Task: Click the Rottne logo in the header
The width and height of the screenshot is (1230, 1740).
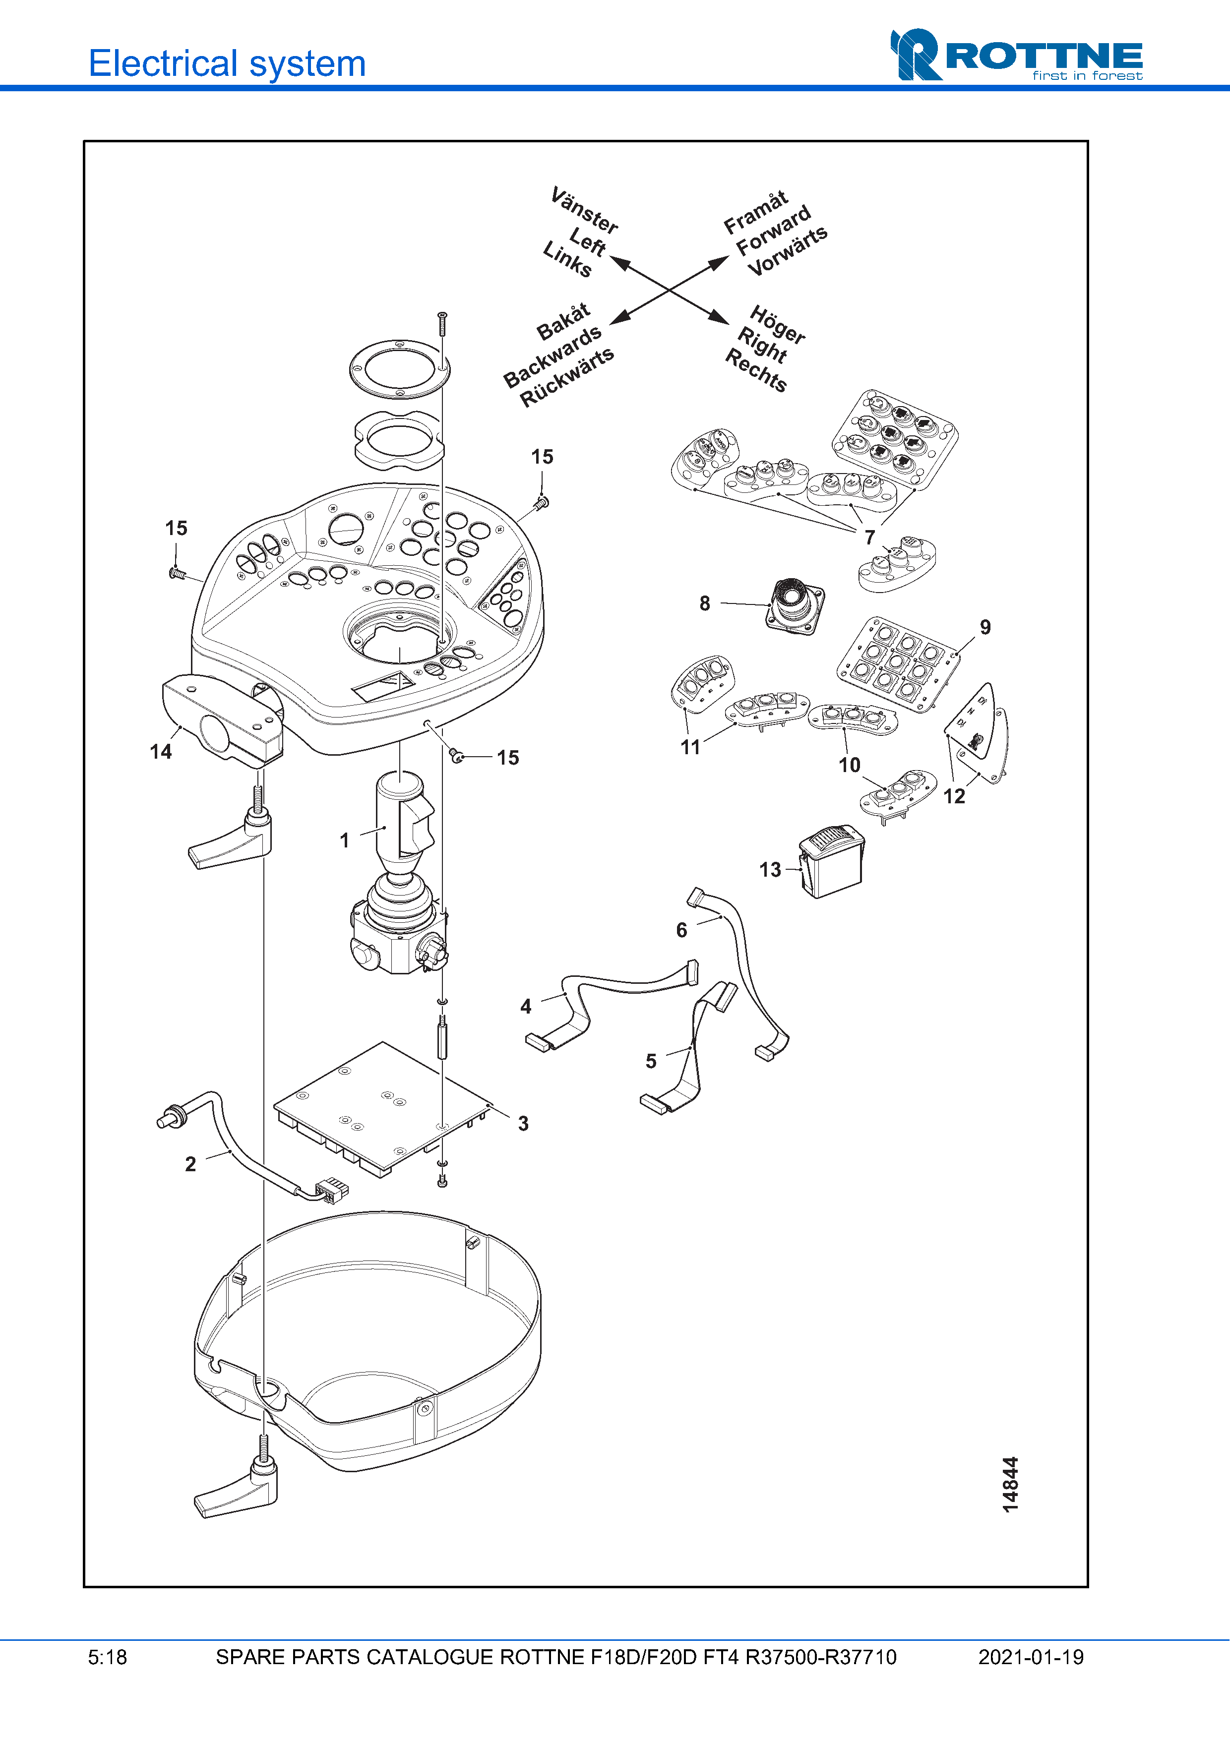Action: [1016, 55]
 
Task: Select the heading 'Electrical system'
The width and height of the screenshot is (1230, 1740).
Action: [227, 63]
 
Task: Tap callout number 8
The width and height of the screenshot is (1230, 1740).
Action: [705, 603]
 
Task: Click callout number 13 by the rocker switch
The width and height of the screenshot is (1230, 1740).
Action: [770, 869]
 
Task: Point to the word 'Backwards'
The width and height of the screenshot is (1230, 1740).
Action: [553, 356]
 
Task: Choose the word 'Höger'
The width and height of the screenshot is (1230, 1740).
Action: [778, 324]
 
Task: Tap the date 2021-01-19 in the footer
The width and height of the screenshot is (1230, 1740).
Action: [1031, 1657]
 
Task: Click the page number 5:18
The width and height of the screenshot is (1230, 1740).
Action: [108, 1657]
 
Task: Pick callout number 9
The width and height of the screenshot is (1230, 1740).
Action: [985, 627]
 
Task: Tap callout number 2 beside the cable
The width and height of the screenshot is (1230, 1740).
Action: [190, 1164]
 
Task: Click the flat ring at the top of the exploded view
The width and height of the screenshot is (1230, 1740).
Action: [399, 369]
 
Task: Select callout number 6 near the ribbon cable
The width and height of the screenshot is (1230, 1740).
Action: [681, 930]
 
